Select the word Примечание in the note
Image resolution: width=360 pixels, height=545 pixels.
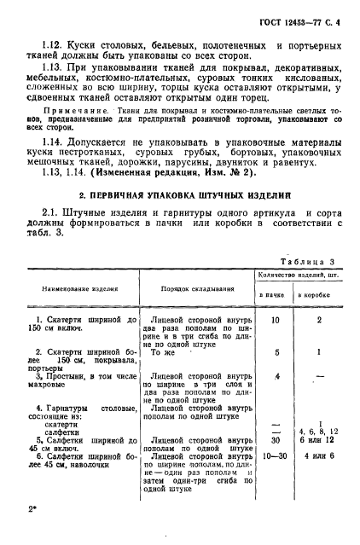[x=67, y=110]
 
